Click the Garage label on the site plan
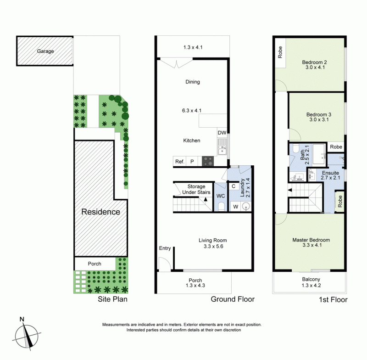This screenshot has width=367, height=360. point(45,51)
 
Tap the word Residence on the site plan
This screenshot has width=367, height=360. point(100,212)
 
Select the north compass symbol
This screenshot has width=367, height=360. point(27,335)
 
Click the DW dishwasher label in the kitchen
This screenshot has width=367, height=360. point(222,133)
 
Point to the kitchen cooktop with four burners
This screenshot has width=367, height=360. point(208,161)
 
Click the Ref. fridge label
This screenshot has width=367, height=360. point(180,162)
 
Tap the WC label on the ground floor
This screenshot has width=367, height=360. point(221,196)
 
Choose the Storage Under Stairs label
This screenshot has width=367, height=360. point(196,189)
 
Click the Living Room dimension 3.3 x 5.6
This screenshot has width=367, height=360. point(213,246)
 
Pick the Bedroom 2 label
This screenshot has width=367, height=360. point(314,62)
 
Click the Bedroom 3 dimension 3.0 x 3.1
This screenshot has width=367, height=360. point(319,119)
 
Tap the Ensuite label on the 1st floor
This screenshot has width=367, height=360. point(330,173)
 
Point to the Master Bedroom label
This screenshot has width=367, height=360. point(311,240)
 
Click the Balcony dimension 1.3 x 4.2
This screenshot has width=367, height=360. point(311,285)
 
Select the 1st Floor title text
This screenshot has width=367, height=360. point(334,299)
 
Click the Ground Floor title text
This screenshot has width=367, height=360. point(233,299)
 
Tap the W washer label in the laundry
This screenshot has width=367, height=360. point(236,207)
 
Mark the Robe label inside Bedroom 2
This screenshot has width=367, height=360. point(280,52)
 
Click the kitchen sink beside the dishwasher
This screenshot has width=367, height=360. point(222,146)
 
